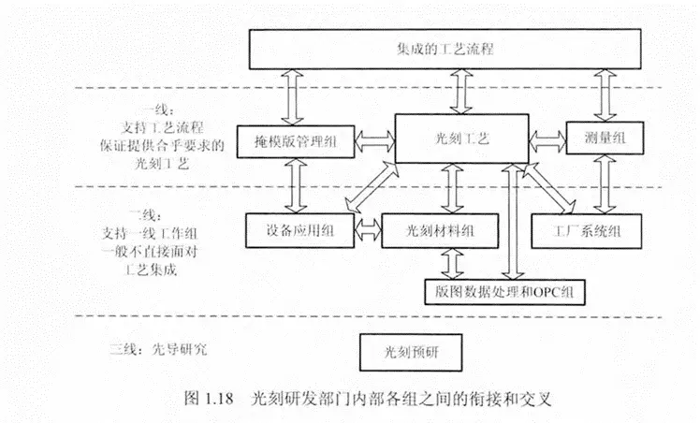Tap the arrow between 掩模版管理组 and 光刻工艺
(x=375, y=141)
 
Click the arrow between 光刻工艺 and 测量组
(x=547, y=141)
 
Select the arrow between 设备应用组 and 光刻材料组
(x=368, y=231)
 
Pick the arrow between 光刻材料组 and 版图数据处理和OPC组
(x=453, y=264)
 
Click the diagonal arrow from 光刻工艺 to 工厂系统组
(x=549, y=188)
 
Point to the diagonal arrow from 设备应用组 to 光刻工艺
(x=372, y=187)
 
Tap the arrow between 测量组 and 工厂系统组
(x=605, y=184)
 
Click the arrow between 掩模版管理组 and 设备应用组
(x=296, y=185)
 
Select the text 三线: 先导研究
(x=159, y=349)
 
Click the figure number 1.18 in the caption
(x=219, y=398)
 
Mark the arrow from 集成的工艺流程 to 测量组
(x=605, y=95)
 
